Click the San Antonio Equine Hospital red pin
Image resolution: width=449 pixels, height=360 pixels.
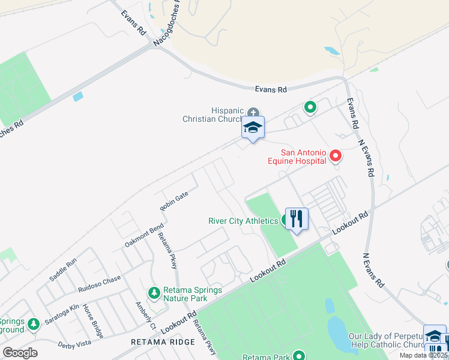[336, 157]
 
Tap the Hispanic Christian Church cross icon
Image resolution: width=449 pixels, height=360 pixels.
[254, 112]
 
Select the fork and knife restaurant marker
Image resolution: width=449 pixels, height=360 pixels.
[296, 218]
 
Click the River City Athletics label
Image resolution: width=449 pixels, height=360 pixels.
[243, 221]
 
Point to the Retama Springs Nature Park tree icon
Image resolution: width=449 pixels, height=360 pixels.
[154, 292]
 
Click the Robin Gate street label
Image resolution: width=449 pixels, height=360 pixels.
[174, 201]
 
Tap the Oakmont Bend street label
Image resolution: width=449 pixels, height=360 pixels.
[144, 235]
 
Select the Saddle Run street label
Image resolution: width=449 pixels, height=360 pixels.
[63, 269]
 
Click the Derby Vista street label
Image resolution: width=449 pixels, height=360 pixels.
[74, 345]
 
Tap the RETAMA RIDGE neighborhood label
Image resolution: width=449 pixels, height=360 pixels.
[163, 341]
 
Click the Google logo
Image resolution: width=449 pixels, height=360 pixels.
[20, 353]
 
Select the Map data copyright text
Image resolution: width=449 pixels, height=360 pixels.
[424, 355]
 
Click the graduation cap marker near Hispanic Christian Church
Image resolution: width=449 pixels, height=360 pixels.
[253, 128]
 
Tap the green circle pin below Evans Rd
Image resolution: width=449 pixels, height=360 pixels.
[310, 107]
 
